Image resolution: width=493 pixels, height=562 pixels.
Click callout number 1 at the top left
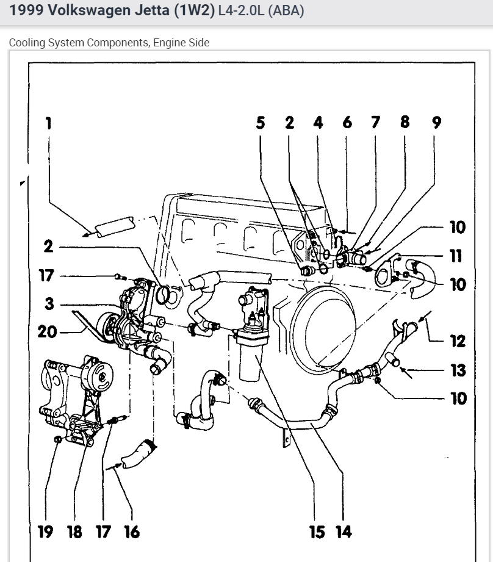[48, 123]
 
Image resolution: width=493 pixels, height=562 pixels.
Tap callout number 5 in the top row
[261, 123]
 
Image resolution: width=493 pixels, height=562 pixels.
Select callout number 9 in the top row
[436, 123]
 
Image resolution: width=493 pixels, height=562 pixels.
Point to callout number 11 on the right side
[456, 256]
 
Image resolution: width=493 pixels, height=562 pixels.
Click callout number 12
[457, 340]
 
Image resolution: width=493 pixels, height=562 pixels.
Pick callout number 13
[457, 370]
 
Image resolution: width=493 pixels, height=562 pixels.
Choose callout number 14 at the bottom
[344, 532]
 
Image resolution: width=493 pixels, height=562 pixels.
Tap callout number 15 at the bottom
[317, 532]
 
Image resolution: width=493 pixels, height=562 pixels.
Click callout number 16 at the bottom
[131, 532]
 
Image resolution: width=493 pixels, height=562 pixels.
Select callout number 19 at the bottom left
[45, 532]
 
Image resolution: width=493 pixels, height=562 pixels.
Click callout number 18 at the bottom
[74, 532]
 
